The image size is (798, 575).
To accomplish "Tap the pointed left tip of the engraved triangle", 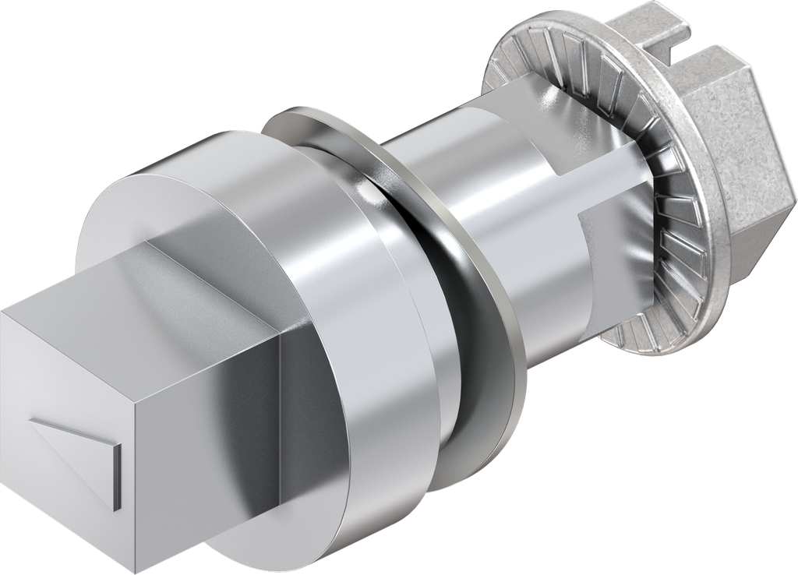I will [33, 423].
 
